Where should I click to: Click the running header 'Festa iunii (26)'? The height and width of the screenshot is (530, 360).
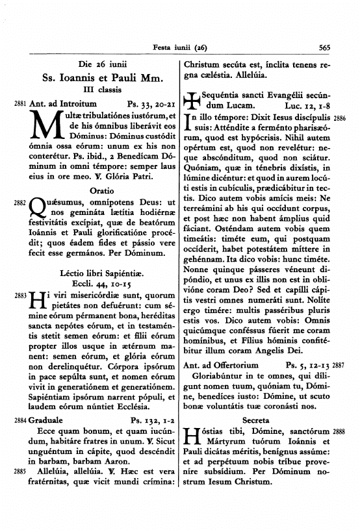(179, 47)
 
